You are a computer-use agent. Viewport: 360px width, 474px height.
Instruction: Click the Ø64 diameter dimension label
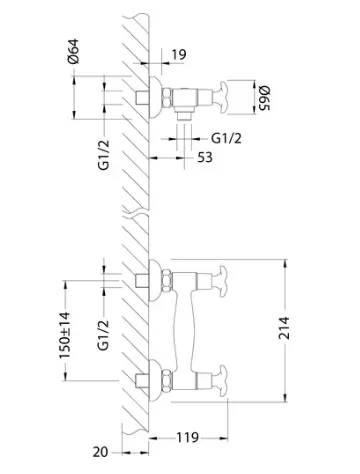73,51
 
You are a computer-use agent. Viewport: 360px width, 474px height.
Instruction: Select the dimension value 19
179,55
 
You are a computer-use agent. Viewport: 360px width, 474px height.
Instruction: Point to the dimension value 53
205,157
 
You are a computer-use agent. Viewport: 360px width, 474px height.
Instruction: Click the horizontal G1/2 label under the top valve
227,138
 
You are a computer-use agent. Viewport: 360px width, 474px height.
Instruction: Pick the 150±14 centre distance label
65,335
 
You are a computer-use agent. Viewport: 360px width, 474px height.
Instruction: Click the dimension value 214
284,328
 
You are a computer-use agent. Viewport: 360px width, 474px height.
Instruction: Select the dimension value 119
187,437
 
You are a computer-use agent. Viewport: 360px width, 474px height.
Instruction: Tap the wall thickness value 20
100,452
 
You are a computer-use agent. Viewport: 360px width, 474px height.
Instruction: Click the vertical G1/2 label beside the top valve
104,155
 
